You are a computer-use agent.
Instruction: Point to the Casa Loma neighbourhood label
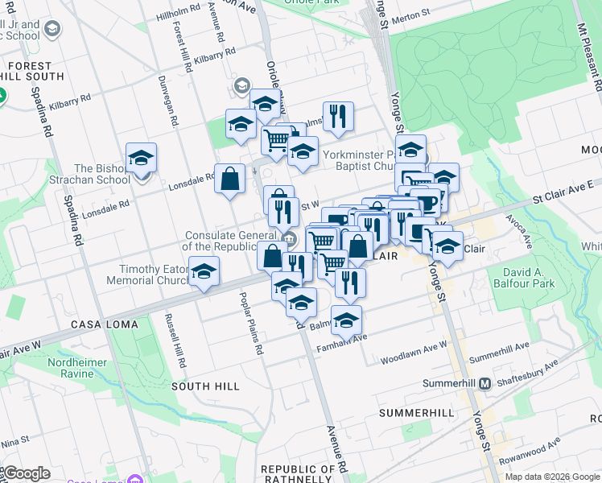[x=104, y=324]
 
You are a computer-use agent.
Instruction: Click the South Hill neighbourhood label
[x=205, y=386]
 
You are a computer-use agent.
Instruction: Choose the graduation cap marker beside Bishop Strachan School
[x=142, y=158]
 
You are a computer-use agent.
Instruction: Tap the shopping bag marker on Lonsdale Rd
[x=230, y=179]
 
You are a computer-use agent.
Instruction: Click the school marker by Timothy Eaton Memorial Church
[x=204, y=271]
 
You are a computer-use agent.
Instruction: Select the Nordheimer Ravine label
[x=77, y=368]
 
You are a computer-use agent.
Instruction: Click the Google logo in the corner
[x=26, y=473]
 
